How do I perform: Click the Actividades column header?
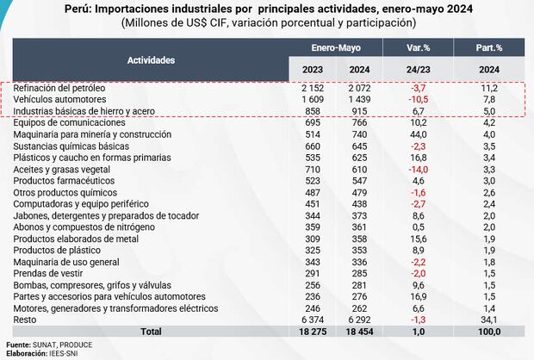[152, 60]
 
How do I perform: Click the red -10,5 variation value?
[420, 100]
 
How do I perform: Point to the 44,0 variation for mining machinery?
[420, 135]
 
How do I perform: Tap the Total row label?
[152, 331]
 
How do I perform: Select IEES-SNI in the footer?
[70, 353]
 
